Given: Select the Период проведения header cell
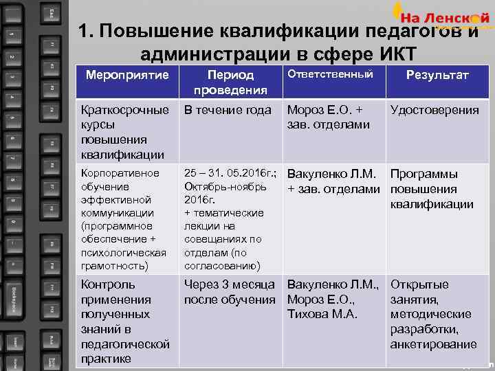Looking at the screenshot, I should point(230,82).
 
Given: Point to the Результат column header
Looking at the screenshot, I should point(437,75).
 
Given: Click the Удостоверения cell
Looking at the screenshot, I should point(434,110).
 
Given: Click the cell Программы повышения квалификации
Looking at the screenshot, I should point(432,189).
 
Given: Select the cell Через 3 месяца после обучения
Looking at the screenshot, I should point(230,292).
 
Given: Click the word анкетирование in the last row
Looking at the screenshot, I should point(433,344).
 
